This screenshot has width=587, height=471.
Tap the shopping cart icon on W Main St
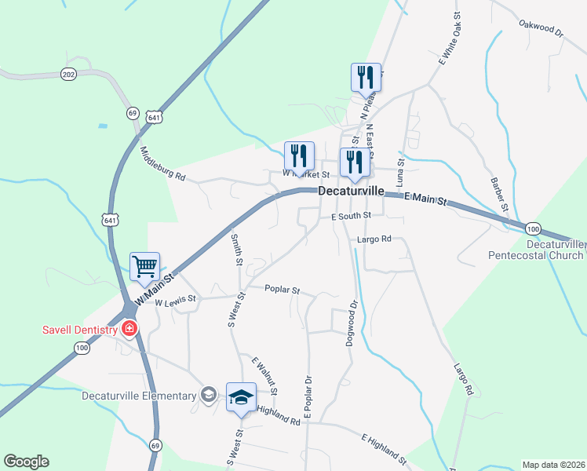click(x=145, y=267)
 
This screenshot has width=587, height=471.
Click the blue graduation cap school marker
click(x=242, y=396)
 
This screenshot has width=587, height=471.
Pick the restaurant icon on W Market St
click(x=299, y=156)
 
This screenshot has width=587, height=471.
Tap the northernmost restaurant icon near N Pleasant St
click(x=366, y=78)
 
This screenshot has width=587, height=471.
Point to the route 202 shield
click(x=67, y=75)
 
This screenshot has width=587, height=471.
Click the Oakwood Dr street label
click(x=541, y=29)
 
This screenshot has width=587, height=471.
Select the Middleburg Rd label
click(x=162, y=164)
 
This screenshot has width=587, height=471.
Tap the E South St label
click(x=350, y=216)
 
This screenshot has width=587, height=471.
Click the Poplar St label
click(x=283, y=290)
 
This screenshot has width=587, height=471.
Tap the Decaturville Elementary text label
click(x=138, y=396)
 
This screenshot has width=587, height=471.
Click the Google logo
click(x=26, y=462)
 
